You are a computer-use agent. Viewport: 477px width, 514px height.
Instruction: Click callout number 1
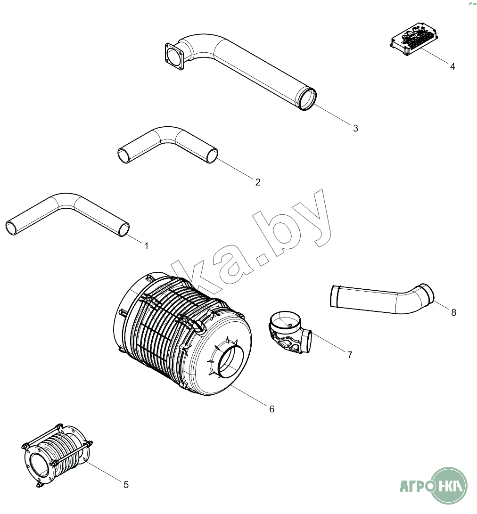point(146,246)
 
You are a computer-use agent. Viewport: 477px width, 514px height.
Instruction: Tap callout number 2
point(258,182)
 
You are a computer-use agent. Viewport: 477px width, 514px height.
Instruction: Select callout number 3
point(355,128)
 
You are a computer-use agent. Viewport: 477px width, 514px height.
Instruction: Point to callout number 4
point(452,66)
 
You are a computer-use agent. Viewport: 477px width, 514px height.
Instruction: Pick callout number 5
point(126,484)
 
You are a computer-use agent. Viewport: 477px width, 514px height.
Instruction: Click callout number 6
point(271,409)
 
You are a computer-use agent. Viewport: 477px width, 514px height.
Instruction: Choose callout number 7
point(350,355)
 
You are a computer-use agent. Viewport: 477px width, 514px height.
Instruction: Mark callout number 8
point(454,312)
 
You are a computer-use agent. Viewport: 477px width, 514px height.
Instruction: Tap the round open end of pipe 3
point(307,99)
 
